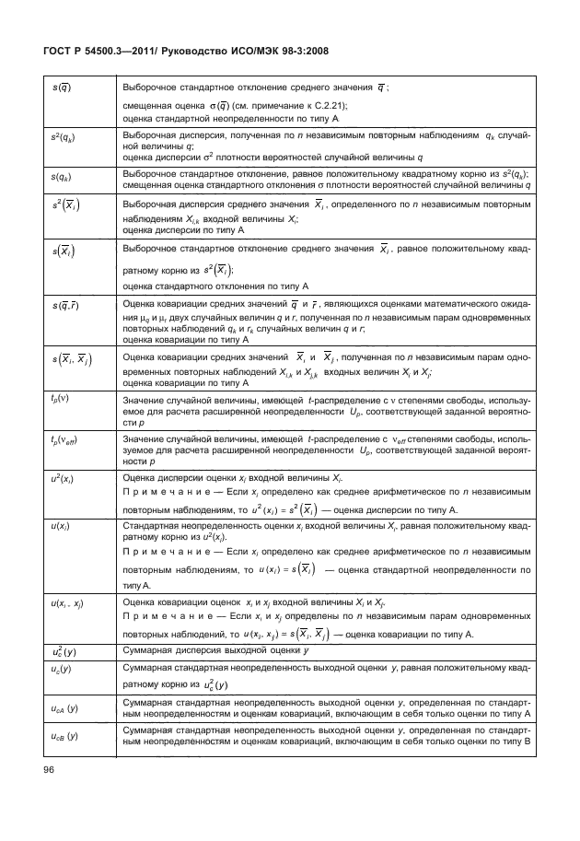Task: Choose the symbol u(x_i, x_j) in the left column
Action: click(x=67, y=602)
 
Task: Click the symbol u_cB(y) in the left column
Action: click(x=64, y=738)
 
